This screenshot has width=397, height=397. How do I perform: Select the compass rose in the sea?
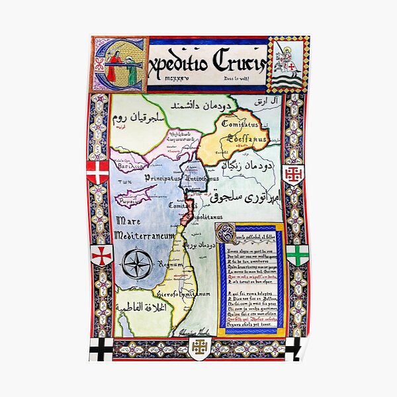(138, 265)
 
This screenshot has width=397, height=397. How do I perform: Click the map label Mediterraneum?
(144, 236)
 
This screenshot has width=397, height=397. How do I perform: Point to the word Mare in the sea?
(129, 220)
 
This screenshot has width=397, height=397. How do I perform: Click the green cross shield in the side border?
(296, 255)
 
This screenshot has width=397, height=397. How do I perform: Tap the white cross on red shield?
(98, 172)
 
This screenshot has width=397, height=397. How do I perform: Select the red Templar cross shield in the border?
(102, 255)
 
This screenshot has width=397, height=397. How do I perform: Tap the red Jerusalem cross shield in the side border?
(293, 174)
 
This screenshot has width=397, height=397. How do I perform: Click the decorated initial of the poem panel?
(227, 232)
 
